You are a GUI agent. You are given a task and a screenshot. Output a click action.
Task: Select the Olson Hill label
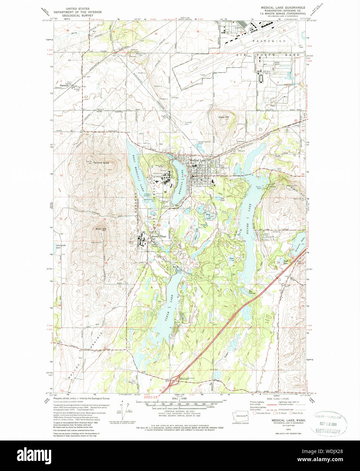223,117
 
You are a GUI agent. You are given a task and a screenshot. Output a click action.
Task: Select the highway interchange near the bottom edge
176,380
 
